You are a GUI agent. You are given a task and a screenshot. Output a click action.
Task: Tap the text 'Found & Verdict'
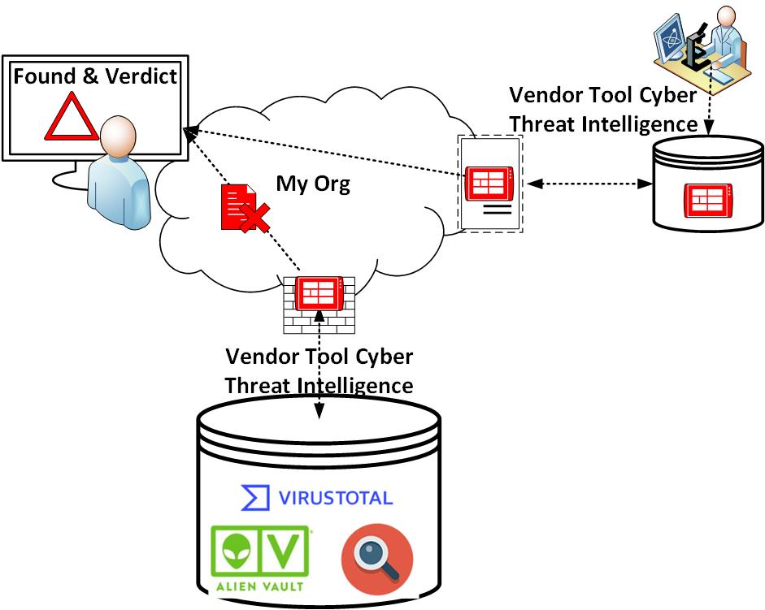(x=94, y=77)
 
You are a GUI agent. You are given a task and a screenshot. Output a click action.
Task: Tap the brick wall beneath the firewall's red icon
(x=319, y=322)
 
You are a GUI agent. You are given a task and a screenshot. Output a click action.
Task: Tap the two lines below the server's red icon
(x=498, y=211)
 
